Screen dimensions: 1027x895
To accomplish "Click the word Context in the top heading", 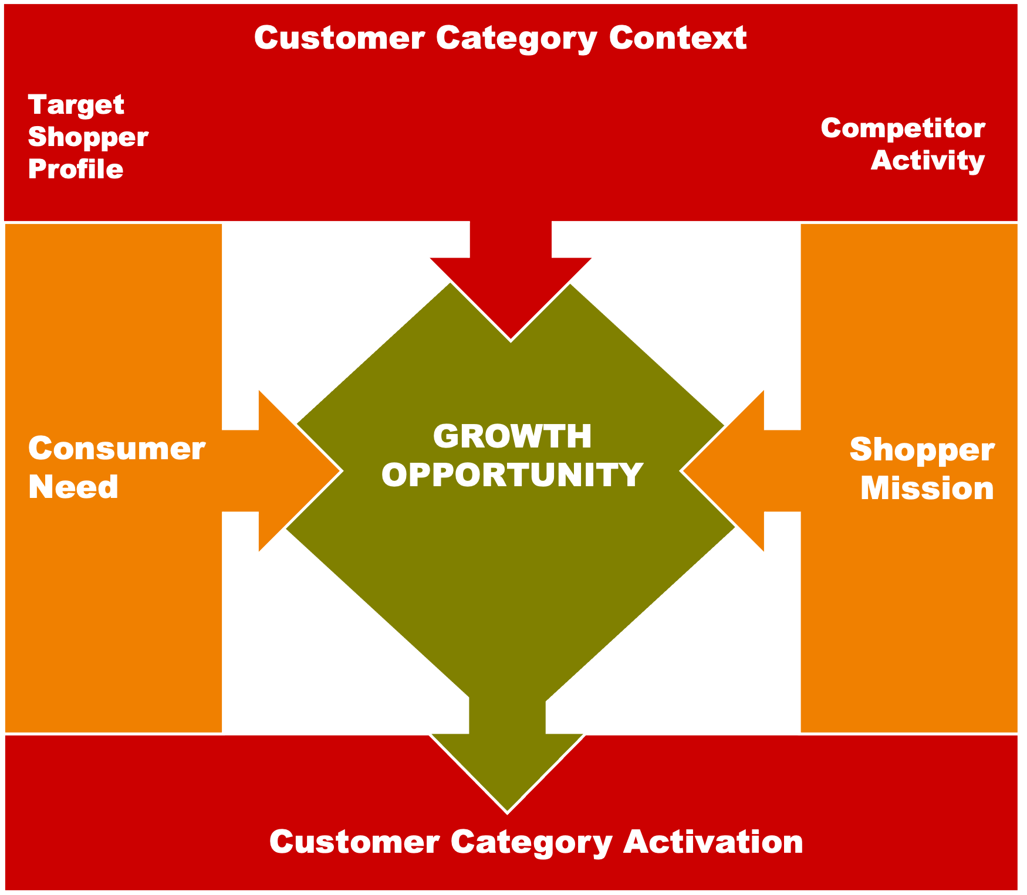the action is coord(678,38).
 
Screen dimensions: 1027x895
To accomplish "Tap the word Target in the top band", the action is coord(76,106).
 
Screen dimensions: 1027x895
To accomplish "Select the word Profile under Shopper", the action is coord(76,169).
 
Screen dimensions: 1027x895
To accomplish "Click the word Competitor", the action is coord(903,129).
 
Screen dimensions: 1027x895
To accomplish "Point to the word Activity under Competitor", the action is coord(928,161).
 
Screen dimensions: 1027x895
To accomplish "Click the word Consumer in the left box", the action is coord(117,449).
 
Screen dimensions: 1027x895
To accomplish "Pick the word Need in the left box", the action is coord(73,487).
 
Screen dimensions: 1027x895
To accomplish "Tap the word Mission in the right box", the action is coord(927,489).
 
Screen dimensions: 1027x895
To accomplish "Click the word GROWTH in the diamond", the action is coord(512,436).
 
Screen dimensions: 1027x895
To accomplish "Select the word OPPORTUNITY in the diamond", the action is coord(512,474).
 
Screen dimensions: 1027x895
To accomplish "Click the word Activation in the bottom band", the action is coord(713,842).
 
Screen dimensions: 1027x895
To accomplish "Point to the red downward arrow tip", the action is coord(511,340).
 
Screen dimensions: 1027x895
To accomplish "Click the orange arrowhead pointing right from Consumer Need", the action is coord(299,470).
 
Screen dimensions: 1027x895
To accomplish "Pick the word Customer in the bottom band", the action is coord(354,842).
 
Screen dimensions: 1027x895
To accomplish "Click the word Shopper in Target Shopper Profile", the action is coord(88,138).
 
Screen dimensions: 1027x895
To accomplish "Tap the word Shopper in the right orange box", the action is coord(922,450).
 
